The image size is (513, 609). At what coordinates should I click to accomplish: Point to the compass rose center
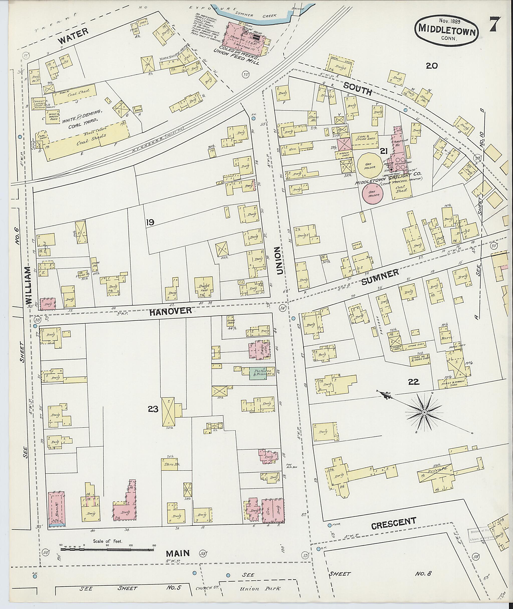(x=424, y=412)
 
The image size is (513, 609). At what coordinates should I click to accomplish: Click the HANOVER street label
(x=171, y=311)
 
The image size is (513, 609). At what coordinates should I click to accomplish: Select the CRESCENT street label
(x=394, y=524)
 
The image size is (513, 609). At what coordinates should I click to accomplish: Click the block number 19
(x=150, y=223)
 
